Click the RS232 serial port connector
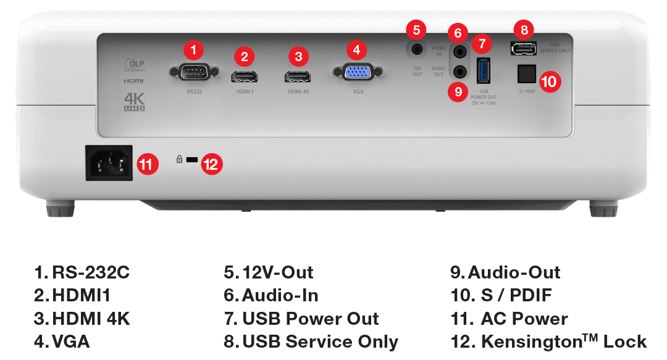click(x=194, y=72)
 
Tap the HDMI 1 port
click(x=244, y=77)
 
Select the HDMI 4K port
click(x=298, y=77)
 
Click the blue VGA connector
click(x=358, y=72)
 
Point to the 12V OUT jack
click(x=417, y=49)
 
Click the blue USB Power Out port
click(x=483, y=70)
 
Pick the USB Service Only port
click(x=524, y=49)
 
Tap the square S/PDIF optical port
click(x=527, y=74)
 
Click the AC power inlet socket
click(x=109, y=163)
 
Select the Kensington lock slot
click(x=192, y=159)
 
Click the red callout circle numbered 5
click(x=416, y=30)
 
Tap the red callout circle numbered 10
click(x=550, y=82)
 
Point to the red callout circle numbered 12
click(x=211, y=164)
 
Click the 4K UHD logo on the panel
click(x=134, y=102)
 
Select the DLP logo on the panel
click(x=135, y=65)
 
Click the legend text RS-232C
click(x=91, y=272)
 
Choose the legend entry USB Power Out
click(x=310, y=319)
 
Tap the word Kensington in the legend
click(x=532, y=341)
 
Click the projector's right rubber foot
click(x=603, y=208)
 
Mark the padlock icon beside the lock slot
click(x=180, y=159)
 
